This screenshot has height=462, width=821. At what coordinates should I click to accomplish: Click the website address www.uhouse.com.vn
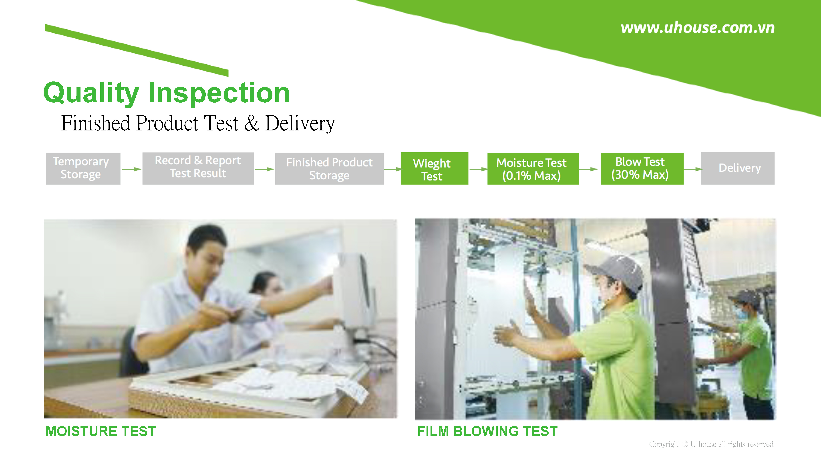(697, 28)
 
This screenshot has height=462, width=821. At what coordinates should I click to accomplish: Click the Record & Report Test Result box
(198, 168)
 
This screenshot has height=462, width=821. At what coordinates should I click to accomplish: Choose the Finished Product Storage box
(330, 169)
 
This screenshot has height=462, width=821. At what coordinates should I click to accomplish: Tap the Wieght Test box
(434, 168)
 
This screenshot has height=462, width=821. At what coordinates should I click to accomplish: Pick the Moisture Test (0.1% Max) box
(533, 169)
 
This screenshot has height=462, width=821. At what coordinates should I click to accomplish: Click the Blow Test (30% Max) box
(642, 169)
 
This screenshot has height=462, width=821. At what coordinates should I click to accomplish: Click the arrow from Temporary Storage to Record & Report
(132, 169)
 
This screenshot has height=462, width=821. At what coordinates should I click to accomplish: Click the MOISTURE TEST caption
(101, 431)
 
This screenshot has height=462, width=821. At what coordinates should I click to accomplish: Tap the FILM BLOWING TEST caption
(487, 431)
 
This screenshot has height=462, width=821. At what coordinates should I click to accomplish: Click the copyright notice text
(711, 444)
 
